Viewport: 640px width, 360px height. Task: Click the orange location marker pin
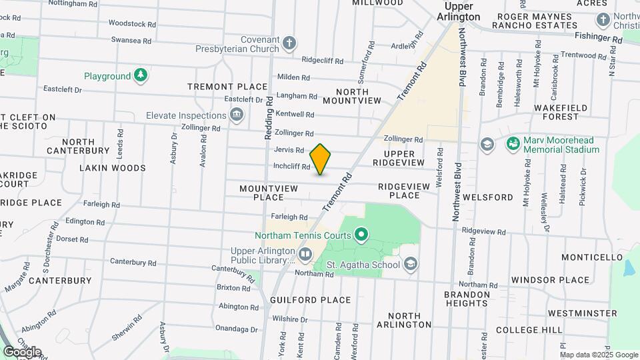tap(321, 159)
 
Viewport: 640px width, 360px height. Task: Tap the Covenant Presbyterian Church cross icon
tap(289, 43)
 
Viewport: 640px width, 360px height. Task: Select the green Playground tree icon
tap(140, 76)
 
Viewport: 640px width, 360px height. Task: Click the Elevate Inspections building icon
tap(236, 115)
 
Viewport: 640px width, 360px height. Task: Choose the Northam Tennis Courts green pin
tap(361, 235)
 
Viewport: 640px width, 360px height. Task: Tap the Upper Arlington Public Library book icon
tap(305, 253)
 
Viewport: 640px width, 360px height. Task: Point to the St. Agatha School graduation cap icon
tap(411, 265)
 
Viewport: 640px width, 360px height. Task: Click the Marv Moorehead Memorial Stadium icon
tap(513, 144)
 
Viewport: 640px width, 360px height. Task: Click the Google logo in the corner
tap(22, 351)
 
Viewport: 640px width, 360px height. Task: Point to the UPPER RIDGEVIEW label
tap(399, 159)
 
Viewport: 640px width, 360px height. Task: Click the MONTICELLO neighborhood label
tap(591, 257)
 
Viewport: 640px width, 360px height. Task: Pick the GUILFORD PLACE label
tap(311, 300)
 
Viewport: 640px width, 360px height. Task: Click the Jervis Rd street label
tap(289, 150)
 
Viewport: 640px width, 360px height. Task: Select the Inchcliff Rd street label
tap(291, 167)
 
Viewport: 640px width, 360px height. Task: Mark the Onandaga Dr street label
tap(237, 329)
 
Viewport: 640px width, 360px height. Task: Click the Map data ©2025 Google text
tap(599, 354)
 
